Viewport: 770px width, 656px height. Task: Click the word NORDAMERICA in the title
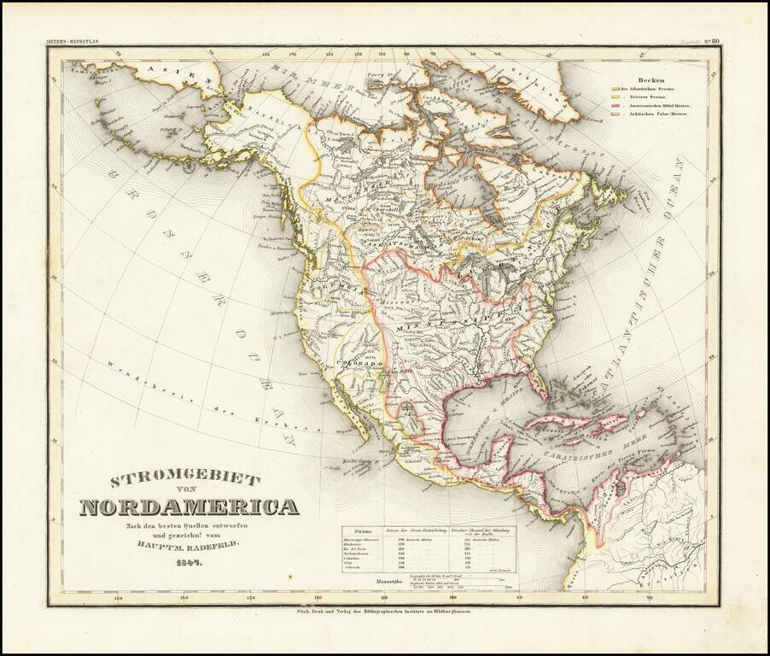[x=190, y=507]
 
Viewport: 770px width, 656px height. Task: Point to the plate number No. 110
[x=709, y=40]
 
